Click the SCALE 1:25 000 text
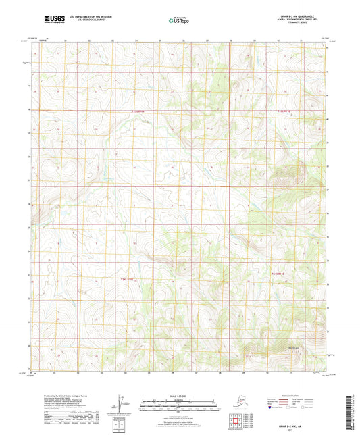coord(179,394)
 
